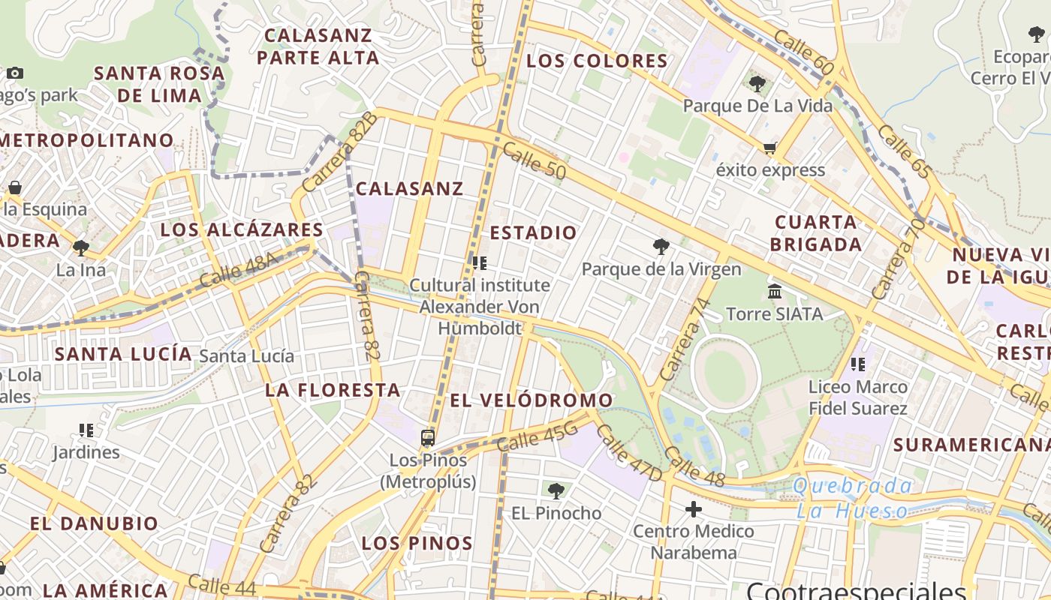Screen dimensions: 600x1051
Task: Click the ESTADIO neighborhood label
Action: [x=533, y=232]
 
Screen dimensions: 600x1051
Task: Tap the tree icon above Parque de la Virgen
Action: [x=661, y=246]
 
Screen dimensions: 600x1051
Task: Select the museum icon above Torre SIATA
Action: [x=775, y=291]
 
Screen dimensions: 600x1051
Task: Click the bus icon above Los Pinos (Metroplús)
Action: [x=428, y=438]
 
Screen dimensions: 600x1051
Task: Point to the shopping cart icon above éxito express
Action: [x=769, y=148]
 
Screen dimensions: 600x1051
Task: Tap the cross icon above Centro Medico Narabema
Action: [x=694, y=510]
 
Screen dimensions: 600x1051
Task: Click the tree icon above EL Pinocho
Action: [x=556, y=491]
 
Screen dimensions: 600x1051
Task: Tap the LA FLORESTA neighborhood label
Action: [x=333, y=390]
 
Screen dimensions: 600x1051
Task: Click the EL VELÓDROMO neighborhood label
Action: [x=532, y=400]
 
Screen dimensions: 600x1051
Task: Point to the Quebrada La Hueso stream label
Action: [x=853, y=499]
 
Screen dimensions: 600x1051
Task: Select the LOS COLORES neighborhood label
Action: [x=597, y=61]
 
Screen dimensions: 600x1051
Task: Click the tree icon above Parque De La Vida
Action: [x=757, y=84]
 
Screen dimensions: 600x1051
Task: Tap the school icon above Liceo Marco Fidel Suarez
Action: [x=857, y=364]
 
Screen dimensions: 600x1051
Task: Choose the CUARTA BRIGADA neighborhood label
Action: [x=816, y=233]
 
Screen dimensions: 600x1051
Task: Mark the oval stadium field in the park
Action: [x=725, y=373]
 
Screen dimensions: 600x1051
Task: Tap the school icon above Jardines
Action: [x=86, y=430]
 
